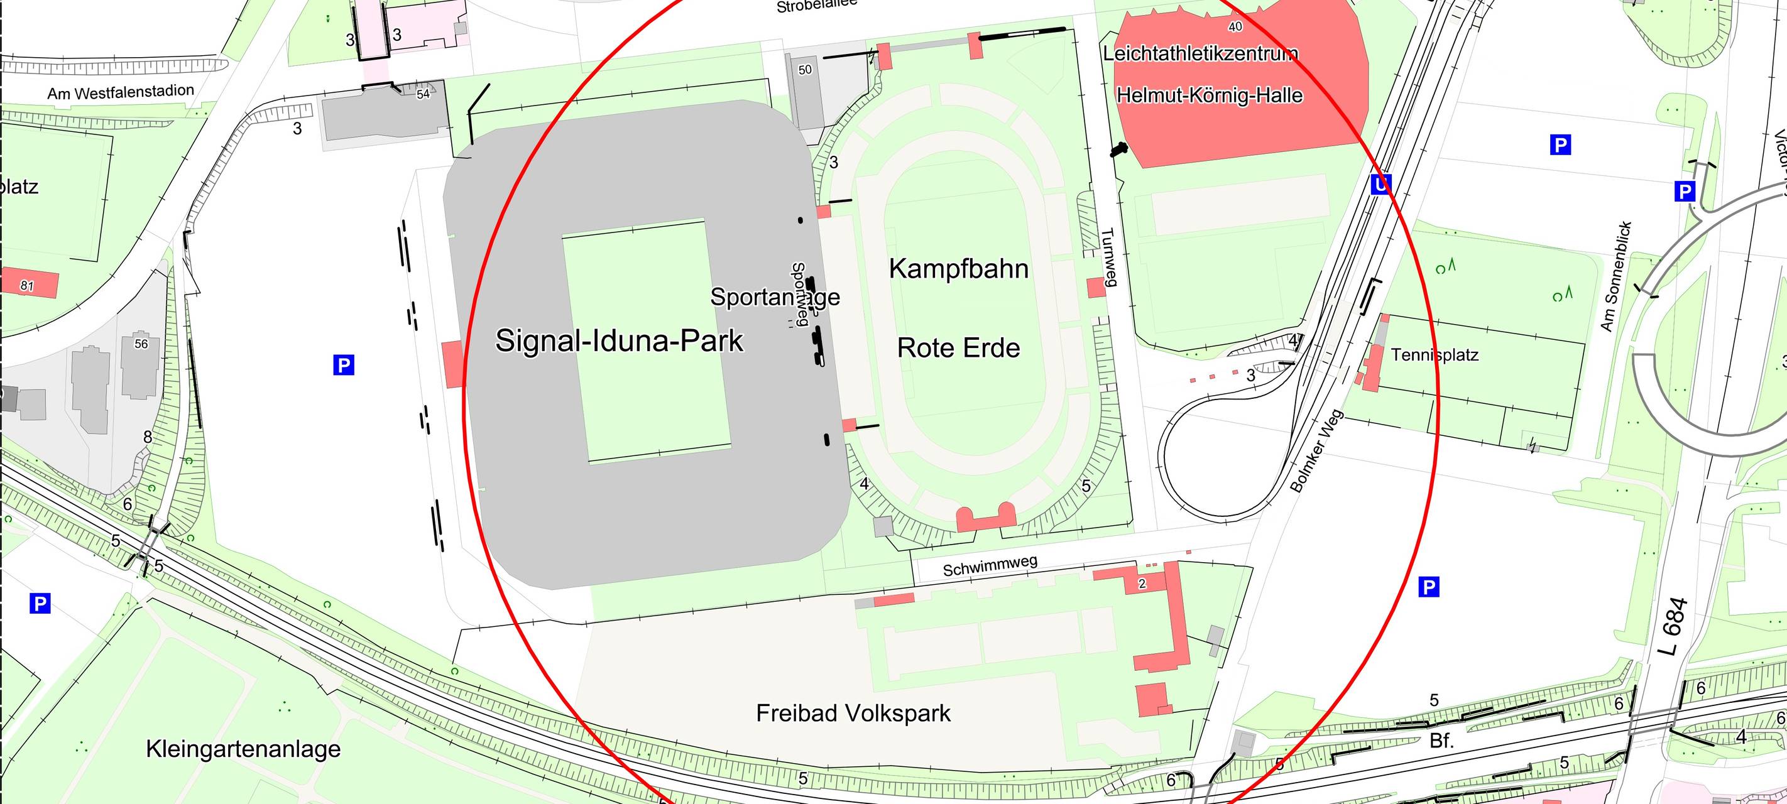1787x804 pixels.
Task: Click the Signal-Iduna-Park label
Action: pos(619,340)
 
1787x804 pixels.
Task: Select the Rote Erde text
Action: pos(959,347)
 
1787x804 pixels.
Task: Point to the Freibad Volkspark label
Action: pos(853,713)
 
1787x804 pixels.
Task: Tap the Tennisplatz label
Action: pos(1435,355)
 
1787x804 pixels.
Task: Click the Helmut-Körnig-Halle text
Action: pos(1209,95)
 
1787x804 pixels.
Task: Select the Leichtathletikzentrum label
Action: pos(1200,53)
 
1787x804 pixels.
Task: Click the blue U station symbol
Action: pos(1380,185)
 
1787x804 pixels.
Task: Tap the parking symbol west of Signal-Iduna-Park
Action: pos(343,365)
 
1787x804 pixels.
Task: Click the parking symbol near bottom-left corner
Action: pos(40,603)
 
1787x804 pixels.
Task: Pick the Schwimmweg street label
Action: pos(990,566)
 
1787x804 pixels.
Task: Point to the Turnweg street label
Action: pos(1108,257)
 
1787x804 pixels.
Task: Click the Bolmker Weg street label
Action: pos(1316,451)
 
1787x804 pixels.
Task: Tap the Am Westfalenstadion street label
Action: pos(121,92)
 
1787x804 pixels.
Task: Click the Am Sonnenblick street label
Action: pos(1615,276)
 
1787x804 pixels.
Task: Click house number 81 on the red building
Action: pos(27,286)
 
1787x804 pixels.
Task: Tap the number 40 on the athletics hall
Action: pos(1235,27)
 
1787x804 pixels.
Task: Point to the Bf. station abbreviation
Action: pos(1441,741)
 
